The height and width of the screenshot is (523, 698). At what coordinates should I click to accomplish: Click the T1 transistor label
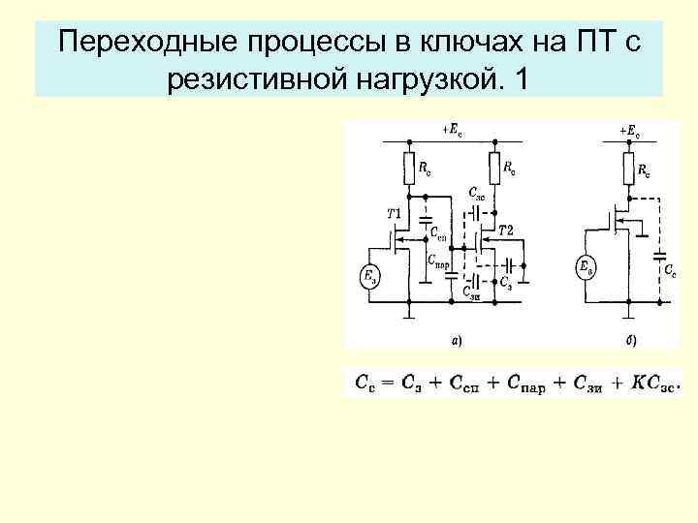tap(396, 212)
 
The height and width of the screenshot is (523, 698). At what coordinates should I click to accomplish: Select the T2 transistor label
tap(505, 230)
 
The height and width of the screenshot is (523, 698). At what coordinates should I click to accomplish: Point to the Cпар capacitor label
tap(438, 260)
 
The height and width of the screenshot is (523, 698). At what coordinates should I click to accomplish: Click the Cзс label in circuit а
tap(477, 193)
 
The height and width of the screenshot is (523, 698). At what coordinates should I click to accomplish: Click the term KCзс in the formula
tap(654, 384)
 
